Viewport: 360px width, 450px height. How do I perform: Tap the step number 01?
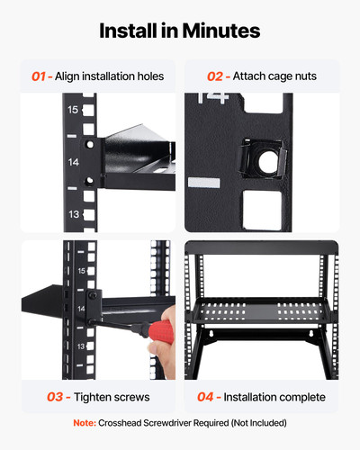click(41, 76)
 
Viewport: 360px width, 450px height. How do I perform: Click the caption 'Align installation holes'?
click(110, 76)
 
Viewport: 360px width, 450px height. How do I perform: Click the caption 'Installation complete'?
click(269, 396)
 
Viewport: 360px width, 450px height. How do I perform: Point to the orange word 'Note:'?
click(85, 423)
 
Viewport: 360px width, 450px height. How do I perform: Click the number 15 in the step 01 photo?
click(74, 110)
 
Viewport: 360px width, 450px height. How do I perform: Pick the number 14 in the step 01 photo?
click(74, 162)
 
